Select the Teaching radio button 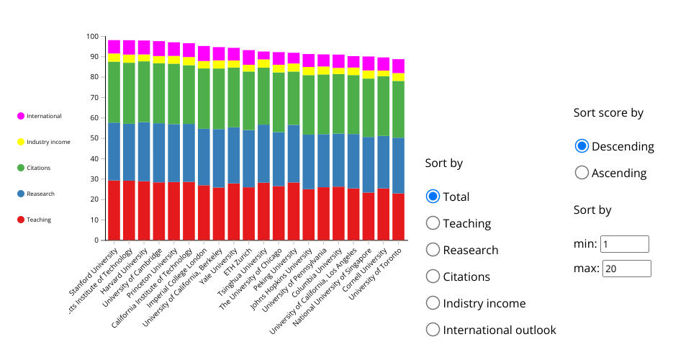point(433,223)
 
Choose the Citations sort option point(433,276)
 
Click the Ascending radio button point(582,173)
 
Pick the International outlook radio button point(433,330)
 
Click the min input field point(625,244)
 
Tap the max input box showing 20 point(626,269)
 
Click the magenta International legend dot point(22,116)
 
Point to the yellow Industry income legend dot point(22,142)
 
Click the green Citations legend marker point(22,168)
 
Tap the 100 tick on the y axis point(91,37)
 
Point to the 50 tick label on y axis point(94,138)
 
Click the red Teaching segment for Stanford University point(114,210)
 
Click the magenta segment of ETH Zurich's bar point(249,57)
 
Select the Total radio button point(433,197)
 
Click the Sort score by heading point(608,113)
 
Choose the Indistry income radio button point(433,303)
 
